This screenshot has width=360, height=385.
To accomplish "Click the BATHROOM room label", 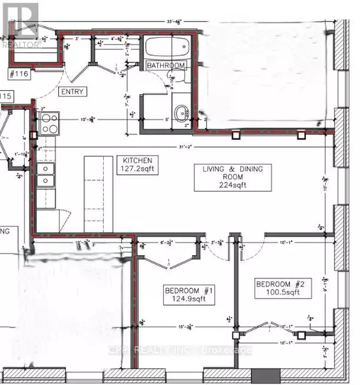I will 166,65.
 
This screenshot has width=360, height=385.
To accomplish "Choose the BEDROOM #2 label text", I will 281,284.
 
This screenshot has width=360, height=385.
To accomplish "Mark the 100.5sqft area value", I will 281,293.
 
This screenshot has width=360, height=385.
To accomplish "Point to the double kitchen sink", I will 45,174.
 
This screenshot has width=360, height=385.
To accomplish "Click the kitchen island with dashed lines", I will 94,193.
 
